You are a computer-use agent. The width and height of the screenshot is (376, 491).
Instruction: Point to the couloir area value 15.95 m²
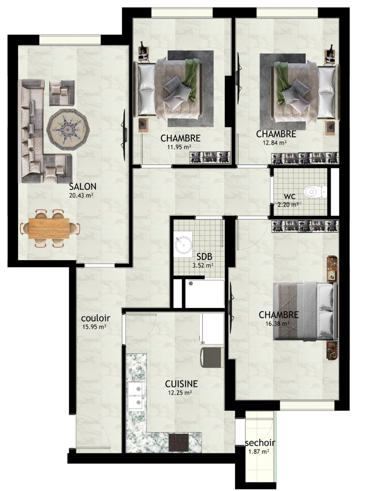coord(95,327)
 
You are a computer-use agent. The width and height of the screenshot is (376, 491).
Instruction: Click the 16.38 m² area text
coord(278,323)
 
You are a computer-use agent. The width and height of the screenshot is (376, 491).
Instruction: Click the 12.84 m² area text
coord(274,143)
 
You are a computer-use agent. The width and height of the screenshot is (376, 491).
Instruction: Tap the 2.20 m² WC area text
coord(288,204)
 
